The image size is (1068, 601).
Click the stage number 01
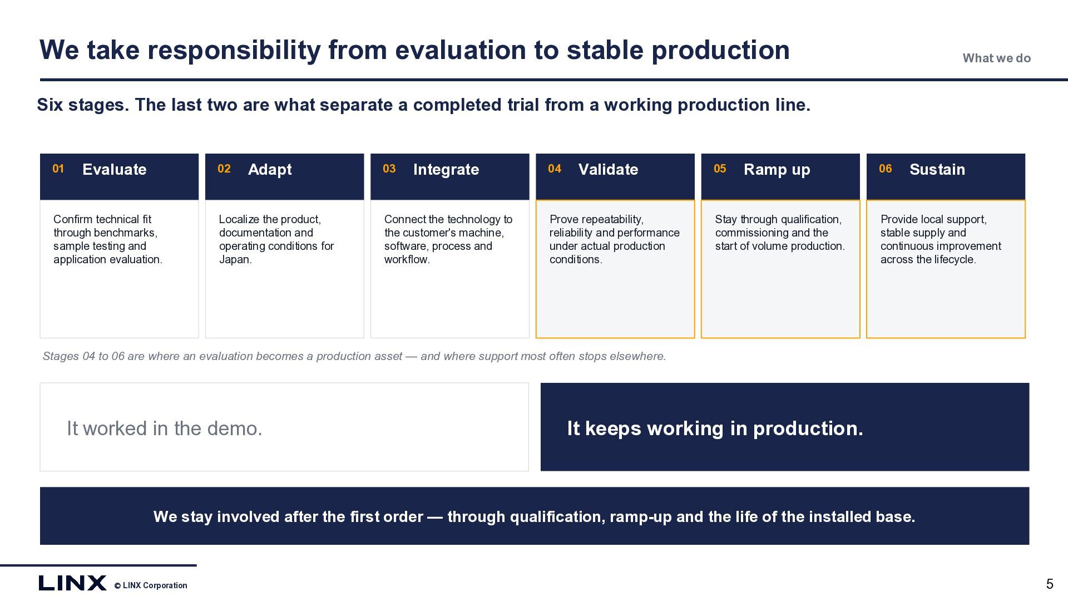58,169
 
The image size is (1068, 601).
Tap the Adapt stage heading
270,170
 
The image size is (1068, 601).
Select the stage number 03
389,169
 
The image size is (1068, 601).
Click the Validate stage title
608,169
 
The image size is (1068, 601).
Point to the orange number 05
720,169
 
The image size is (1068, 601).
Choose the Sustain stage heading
937,169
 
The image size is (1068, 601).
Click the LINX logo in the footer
72,583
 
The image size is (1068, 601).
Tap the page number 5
1050,584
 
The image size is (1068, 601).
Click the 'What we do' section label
997,58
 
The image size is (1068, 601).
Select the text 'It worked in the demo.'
164,428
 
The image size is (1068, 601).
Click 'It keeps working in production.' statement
715,428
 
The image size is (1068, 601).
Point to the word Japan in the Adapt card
234,259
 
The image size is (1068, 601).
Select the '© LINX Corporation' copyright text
151,585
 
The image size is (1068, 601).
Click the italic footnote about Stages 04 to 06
354,356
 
